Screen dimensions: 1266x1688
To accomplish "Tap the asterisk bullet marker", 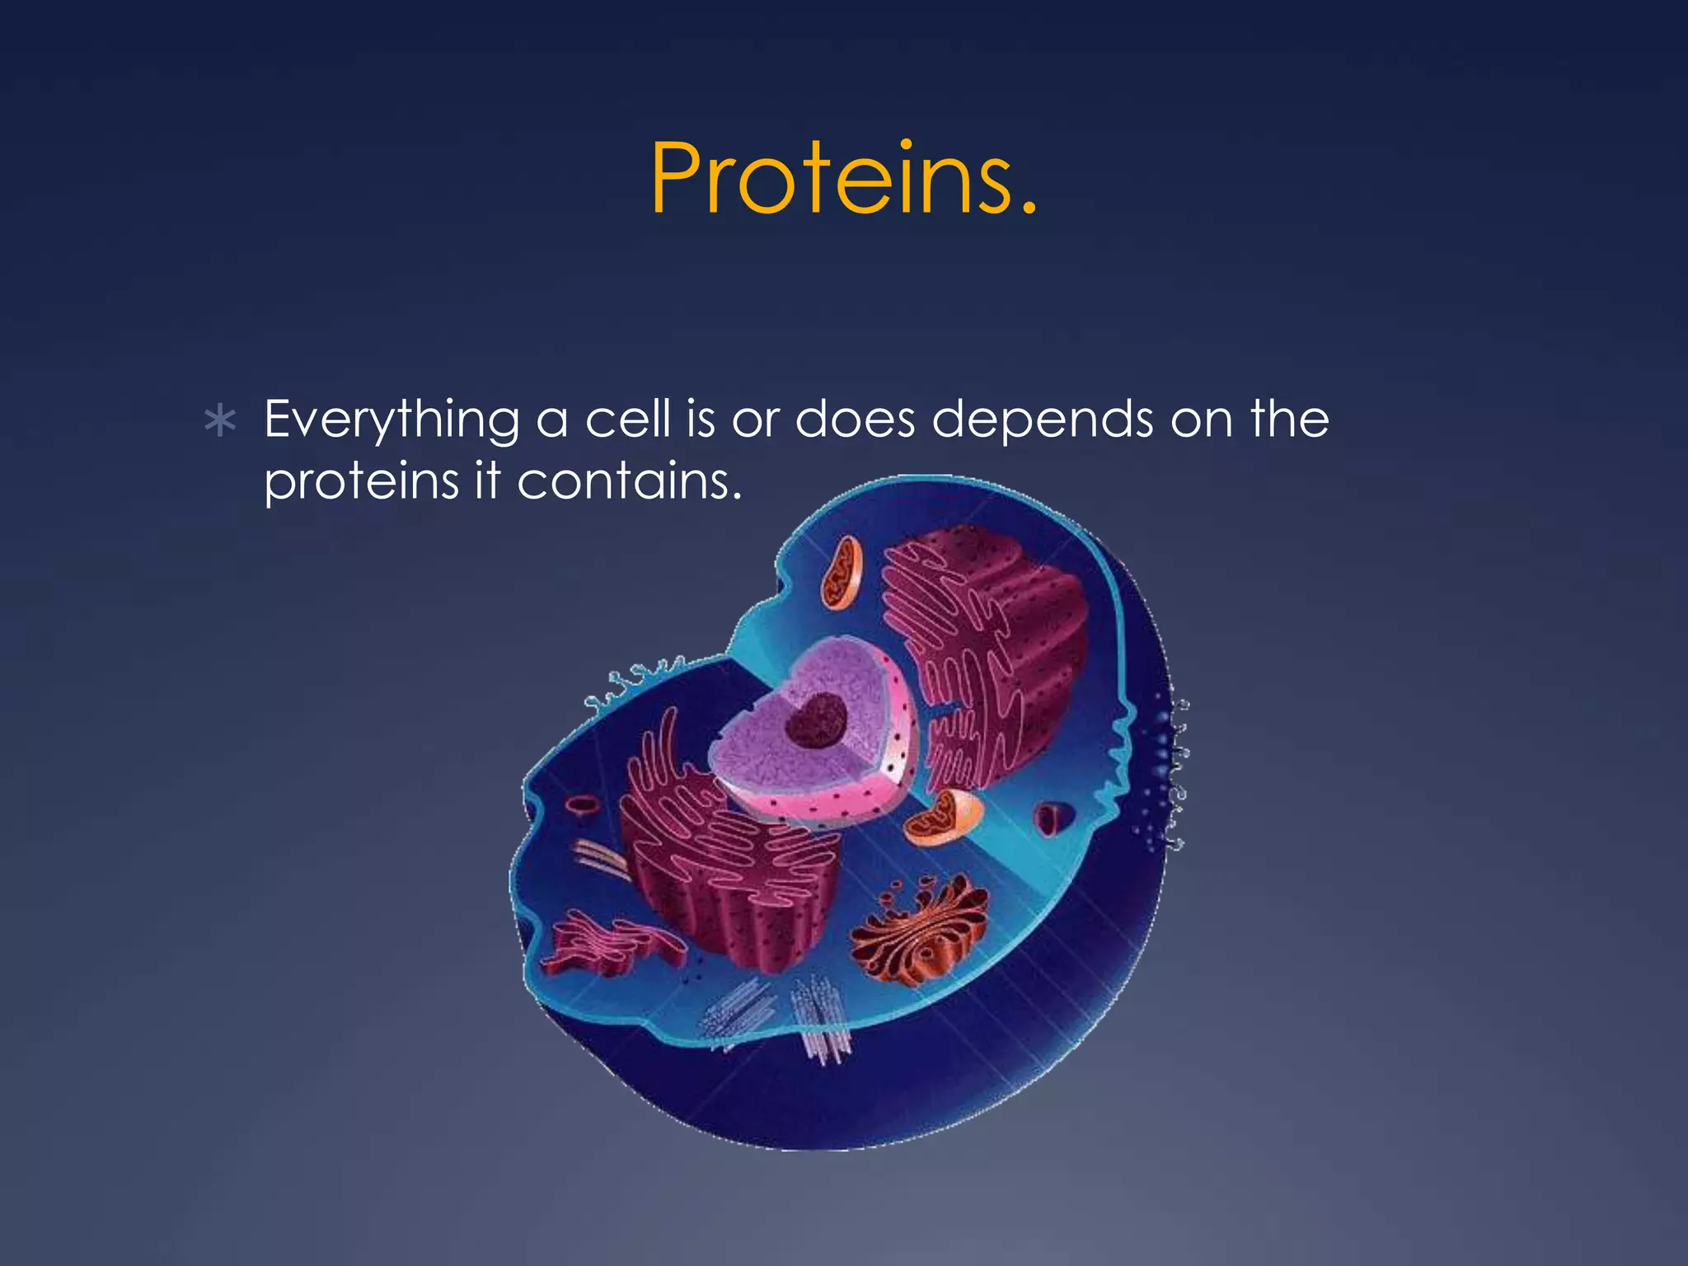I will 220,421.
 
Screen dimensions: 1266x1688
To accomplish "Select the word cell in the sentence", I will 627,419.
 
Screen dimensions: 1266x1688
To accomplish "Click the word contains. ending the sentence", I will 629,481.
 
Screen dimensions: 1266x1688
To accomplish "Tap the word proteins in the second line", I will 360,483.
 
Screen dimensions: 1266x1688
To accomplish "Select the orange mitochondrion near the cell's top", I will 841,573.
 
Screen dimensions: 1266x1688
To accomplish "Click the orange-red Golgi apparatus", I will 919,931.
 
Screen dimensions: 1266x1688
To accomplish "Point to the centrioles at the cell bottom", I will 820,1018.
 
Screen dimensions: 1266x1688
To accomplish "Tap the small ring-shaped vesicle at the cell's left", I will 582,805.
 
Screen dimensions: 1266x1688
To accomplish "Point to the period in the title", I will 1026,210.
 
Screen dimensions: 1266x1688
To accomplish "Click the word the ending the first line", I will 1289,419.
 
